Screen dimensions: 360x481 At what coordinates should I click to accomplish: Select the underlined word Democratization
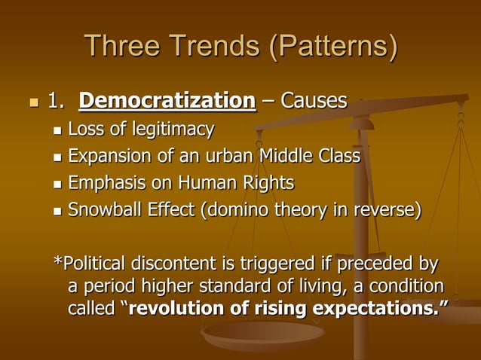point(167,100)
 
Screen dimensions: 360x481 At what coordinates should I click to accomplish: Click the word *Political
point(90,265)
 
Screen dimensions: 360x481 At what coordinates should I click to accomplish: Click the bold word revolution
point(176,309)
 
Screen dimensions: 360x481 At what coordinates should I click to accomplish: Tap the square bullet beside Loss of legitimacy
point(57,132)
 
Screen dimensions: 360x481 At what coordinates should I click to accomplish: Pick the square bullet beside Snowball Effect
point(57,210)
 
